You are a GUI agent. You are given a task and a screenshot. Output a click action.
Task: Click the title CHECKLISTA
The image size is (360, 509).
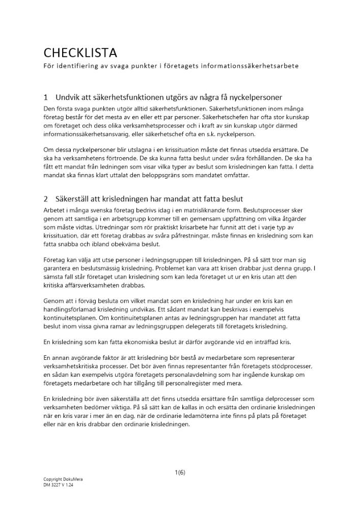click(80, 53)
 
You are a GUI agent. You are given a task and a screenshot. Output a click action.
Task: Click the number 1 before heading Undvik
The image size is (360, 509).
click(46, 97)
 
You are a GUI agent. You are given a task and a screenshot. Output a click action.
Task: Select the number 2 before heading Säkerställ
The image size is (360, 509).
click(46, 199)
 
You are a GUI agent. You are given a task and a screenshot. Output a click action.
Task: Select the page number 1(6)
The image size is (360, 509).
click(180, 472)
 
